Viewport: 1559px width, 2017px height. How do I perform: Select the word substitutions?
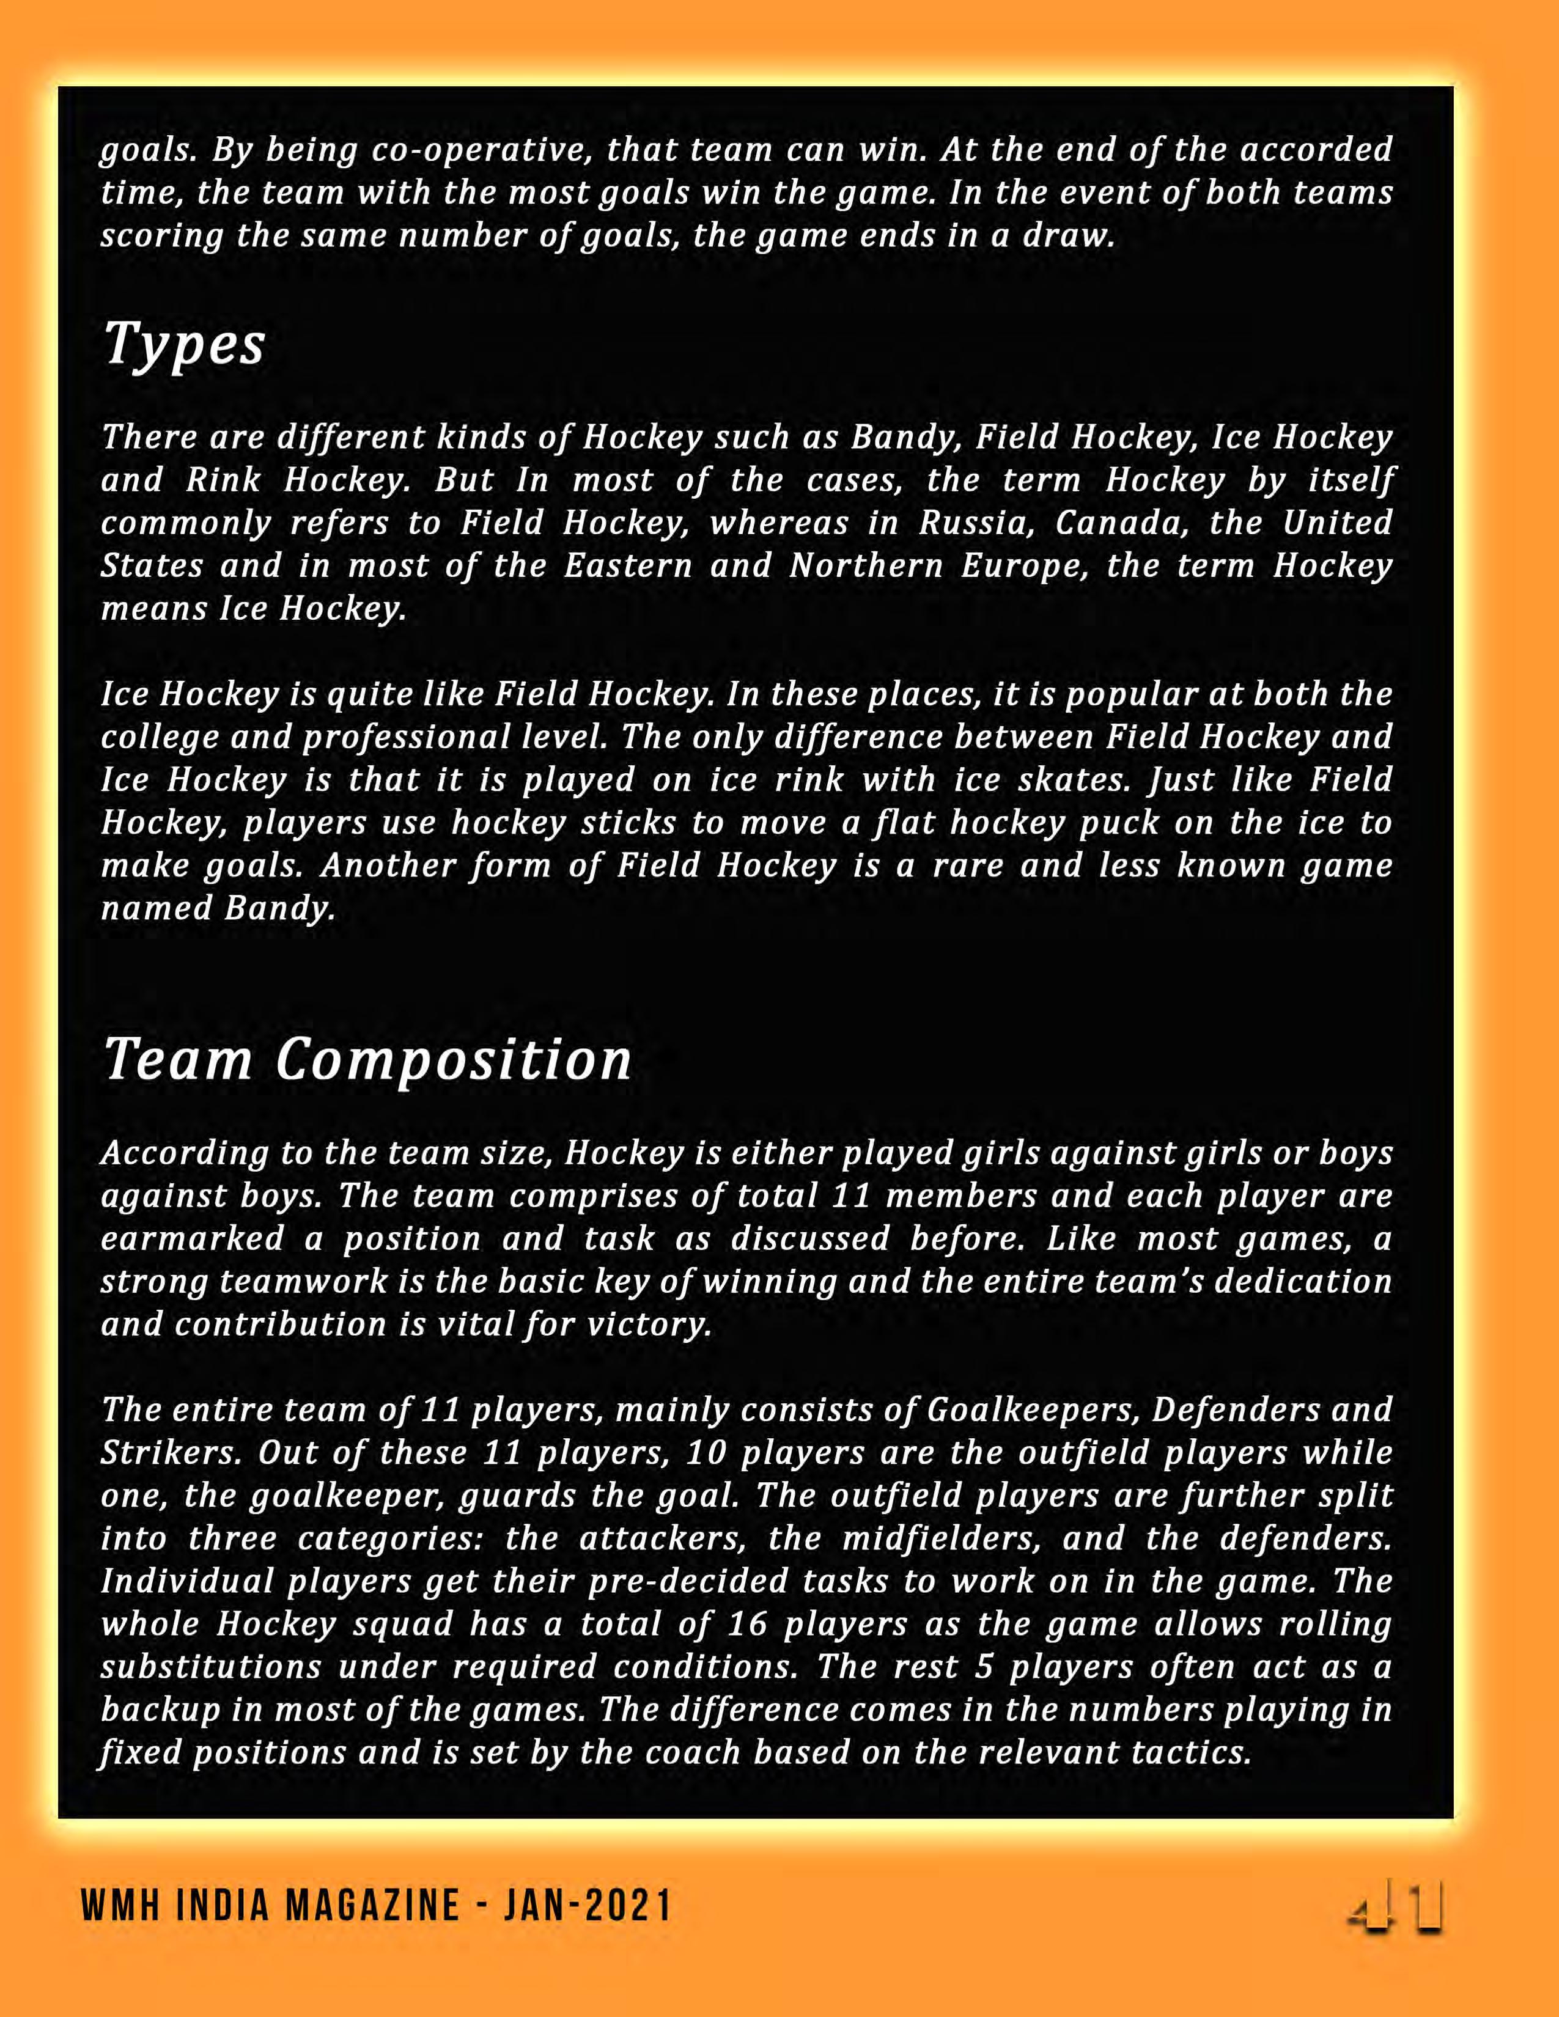(210, 1667)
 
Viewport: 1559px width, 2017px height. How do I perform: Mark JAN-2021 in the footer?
(588, 1907)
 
